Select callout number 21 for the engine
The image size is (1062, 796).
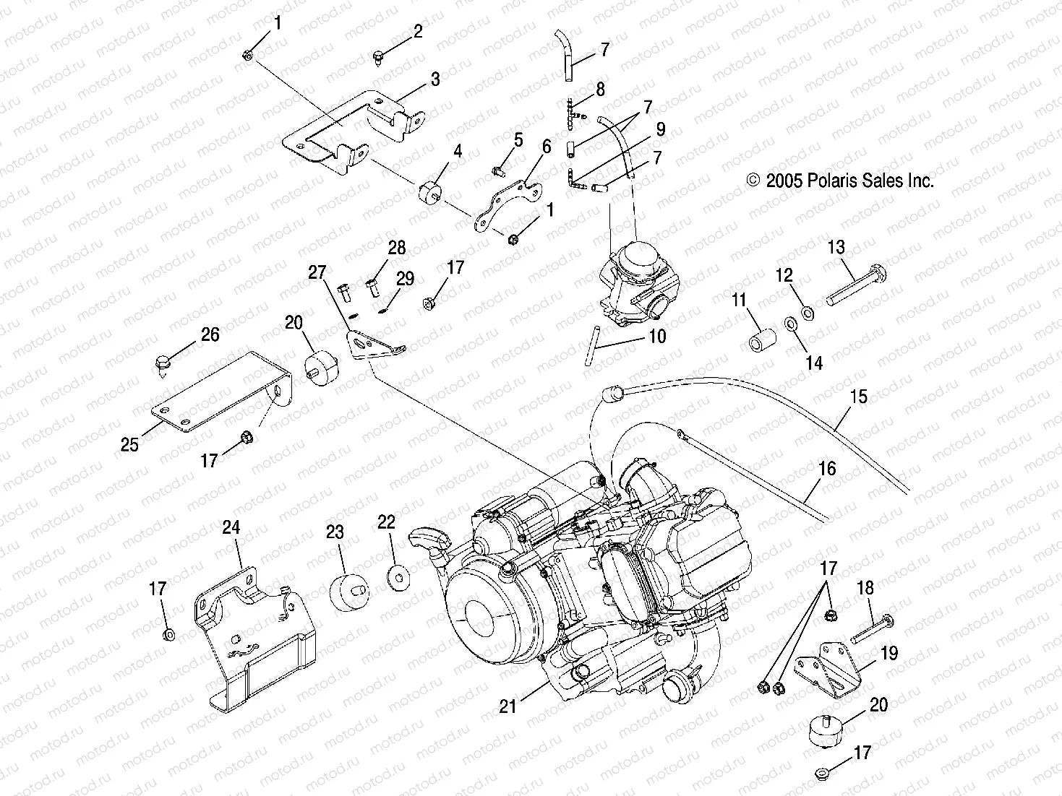click(x=508, y=705)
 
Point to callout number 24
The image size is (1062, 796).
click(x=231, y=527)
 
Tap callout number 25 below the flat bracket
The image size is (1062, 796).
click(x=129, y=444)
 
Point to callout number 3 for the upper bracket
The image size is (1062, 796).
click(x=434, y=79)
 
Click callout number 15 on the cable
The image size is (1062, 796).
click(x=859, y=397)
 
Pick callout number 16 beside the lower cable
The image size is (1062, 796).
click(x=826, y=469)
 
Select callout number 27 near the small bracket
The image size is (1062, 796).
click(x=317, y=272)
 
